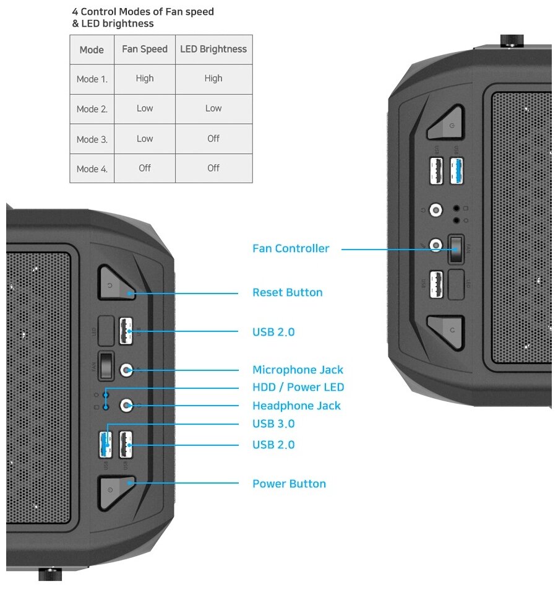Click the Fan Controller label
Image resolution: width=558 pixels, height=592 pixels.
click(x=291, y=249)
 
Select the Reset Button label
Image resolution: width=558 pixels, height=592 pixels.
click(x=287, y=292)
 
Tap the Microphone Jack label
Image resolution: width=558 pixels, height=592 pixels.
click(x=298, y=370)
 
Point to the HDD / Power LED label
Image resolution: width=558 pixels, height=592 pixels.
click(x=298, y=388)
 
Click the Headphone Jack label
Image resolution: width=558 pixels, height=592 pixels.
click(x=296, y=406)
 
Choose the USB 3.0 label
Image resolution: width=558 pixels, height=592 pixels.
click(x=273, y=424)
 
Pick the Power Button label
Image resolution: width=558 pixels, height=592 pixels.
click(x=289, y=484)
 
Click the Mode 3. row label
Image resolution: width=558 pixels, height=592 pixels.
click(x=92, y=139)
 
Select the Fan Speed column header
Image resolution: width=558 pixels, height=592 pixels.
click(x=145, y=49)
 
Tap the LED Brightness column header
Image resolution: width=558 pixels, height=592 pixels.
click(x=213, y=49)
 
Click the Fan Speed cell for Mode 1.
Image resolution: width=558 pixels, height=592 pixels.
click(x=145, y=79)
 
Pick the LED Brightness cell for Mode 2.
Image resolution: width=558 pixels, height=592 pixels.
click(x=213, y=108)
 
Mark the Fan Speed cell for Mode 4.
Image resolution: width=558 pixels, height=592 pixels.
click(x=145, y=168)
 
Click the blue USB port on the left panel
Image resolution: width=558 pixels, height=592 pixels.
click(x=106, y=445)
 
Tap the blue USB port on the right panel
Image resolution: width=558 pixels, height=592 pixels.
click(x=457, y=171)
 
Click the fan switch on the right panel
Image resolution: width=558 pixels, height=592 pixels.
click(x=456, y=250)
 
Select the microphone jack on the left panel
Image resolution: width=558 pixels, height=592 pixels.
click(x=127, y=370)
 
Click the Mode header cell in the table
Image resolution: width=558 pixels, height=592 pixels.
click(x=92, y=50)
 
